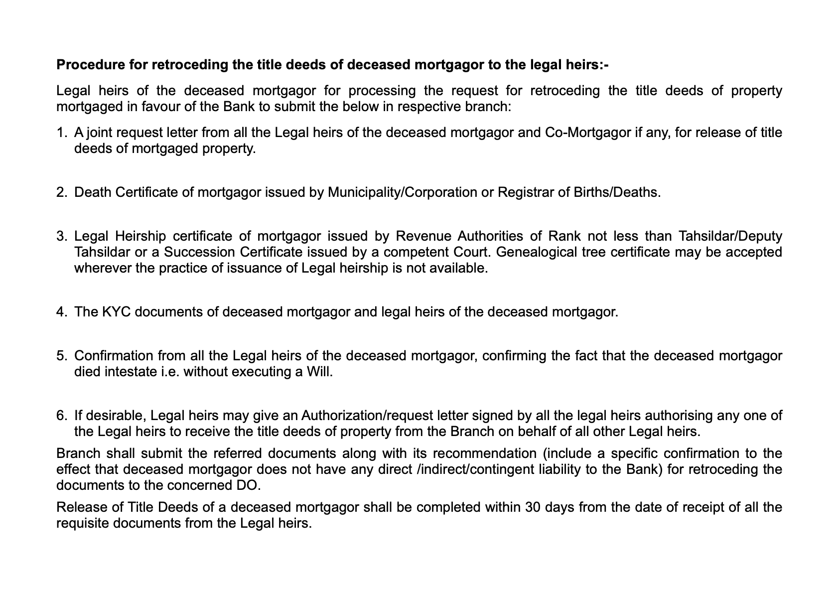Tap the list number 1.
coord(60,133)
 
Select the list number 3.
coord(60,236)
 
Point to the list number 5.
coord(60,356)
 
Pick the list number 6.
coord(60,415)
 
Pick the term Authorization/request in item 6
coord(367,415)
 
